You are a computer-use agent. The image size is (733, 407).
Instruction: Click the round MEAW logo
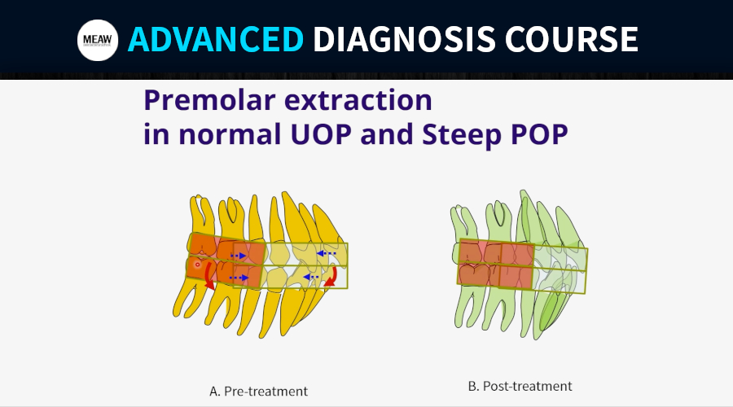click(98, 40)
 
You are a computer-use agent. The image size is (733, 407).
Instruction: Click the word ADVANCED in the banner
click(216, 39)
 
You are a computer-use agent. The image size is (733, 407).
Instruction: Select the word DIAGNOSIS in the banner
click(404, 39)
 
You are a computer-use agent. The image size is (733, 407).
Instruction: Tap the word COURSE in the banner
click(571, 39)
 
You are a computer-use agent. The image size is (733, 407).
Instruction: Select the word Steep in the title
click(462, 135)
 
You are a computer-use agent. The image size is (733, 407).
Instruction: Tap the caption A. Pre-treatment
click(258, 391)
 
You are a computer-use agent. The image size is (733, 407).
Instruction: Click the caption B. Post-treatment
click(520, 387)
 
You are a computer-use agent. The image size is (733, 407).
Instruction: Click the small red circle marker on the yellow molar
click(197, 265)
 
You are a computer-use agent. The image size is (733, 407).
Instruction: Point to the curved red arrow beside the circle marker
click(208, 277)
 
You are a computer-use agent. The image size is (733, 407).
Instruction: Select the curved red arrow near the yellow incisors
click(333, 278)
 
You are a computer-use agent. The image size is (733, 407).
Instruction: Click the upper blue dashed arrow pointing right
click(239, 256)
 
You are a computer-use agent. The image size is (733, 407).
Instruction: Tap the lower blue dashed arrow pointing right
click(239, 278)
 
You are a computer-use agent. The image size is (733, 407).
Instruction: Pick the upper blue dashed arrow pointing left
click(326, 253)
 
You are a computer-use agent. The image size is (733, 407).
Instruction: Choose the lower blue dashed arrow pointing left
click(310, 277)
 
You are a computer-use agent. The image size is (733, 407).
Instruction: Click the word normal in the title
click(230, 134)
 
